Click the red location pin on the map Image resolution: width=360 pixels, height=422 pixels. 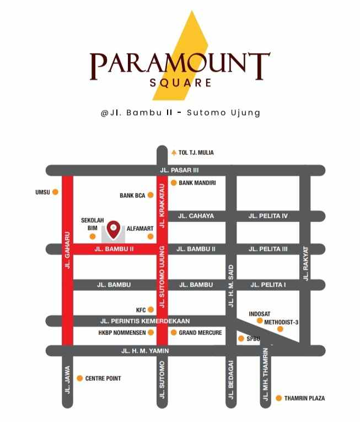114,229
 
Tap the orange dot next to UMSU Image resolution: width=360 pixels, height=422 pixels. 55,192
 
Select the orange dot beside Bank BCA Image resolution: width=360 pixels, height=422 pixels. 151,195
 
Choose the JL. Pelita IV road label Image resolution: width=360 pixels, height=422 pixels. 268,216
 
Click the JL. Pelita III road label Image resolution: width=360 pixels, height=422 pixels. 268,249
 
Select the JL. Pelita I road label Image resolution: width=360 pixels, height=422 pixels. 268,285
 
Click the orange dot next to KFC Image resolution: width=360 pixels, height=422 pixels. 151,310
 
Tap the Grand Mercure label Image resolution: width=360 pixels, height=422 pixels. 200,333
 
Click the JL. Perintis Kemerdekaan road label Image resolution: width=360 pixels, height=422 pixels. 145,321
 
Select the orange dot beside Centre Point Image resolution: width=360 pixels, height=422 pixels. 80,378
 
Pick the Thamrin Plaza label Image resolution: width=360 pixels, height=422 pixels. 304,398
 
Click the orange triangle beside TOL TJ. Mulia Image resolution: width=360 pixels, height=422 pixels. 174,153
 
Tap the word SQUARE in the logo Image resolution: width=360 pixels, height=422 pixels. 180,83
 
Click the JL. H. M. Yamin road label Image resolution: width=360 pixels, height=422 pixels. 145,350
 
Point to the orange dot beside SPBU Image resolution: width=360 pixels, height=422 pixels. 241,338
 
